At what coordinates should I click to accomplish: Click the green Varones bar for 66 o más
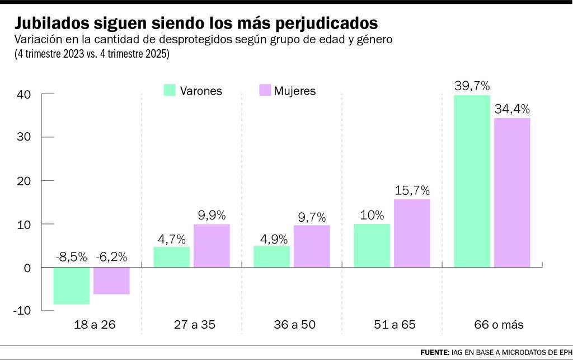pyautogui.click(x=472, y=181)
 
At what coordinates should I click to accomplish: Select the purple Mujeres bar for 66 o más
pyautogui.click(x=512, y=193)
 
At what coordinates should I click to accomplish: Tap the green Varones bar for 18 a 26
pyautogui.click(x=72, y=286)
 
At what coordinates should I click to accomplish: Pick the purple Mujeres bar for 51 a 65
pyautogui.click(x=412, y=233)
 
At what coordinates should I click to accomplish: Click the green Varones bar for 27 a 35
pyautogui.click(x=172, y=257)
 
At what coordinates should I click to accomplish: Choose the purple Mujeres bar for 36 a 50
pyautogui.click(x=312, y=246)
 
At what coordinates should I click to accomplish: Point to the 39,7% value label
pyautogui.click(x=472, y=86)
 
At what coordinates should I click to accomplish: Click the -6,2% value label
pyautogui.click(x=111, y=258)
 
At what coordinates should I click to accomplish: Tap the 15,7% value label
pyautogui.click(x=412, y=190)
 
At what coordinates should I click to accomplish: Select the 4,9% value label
pyautogui.click(x=274, y=240)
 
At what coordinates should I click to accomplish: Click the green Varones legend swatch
pyautogui.click(x=170, y=90)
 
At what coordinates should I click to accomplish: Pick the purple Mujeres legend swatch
pyautogui.click(x=265, y=90)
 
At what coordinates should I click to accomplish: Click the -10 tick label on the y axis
pyautogui.click(x=22, y=311)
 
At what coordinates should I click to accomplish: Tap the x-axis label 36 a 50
pyautogui.click(x=294, y=325)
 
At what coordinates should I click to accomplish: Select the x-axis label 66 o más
pyautogui.click(x=499, y=325)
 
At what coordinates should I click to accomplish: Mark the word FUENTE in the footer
pyautogui.click(x=435, y=352)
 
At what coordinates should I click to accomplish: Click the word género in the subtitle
pyautogui.click(x=374, y=40)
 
